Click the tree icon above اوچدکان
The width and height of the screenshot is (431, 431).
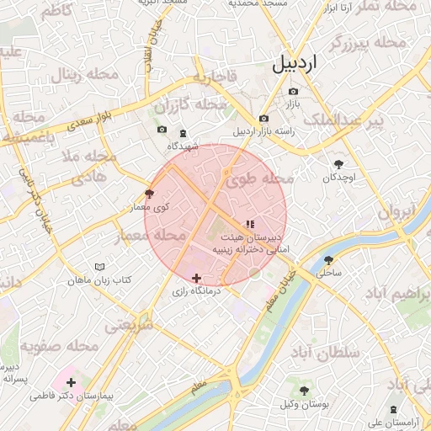339,164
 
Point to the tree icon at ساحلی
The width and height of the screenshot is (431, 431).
328,260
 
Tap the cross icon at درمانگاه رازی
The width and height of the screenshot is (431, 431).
196,278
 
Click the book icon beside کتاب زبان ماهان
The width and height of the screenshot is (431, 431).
100,266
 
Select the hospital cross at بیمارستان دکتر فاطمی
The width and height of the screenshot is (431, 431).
71,382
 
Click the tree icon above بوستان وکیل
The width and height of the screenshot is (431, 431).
304,391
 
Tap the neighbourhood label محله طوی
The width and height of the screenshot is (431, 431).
258,178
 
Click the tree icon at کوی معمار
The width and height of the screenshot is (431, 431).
150,193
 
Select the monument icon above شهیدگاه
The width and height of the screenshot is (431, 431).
183,133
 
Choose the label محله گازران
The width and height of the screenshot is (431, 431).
191,105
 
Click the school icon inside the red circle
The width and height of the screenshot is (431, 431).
248,224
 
